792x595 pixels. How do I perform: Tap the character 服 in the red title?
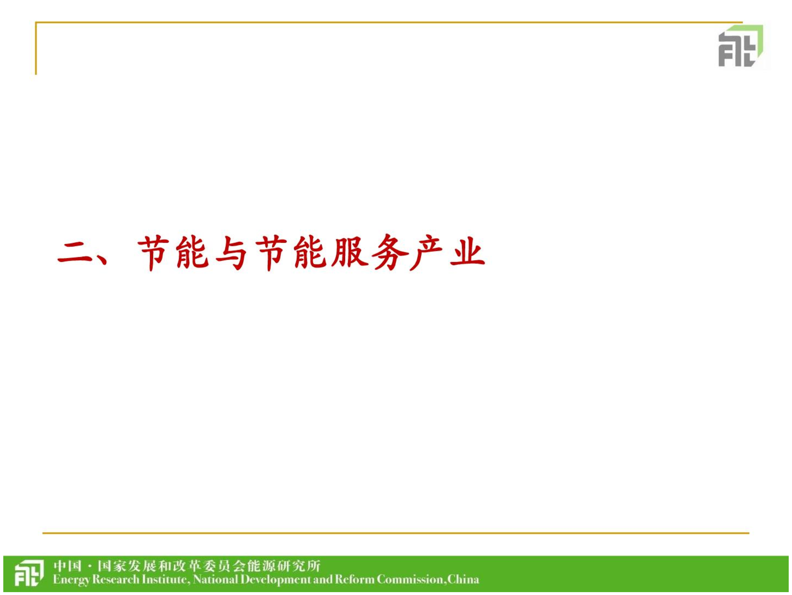[349, 252]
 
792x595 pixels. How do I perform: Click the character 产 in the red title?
[427, 252]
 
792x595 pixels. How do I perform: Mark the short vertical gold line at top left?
[36, 49]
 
